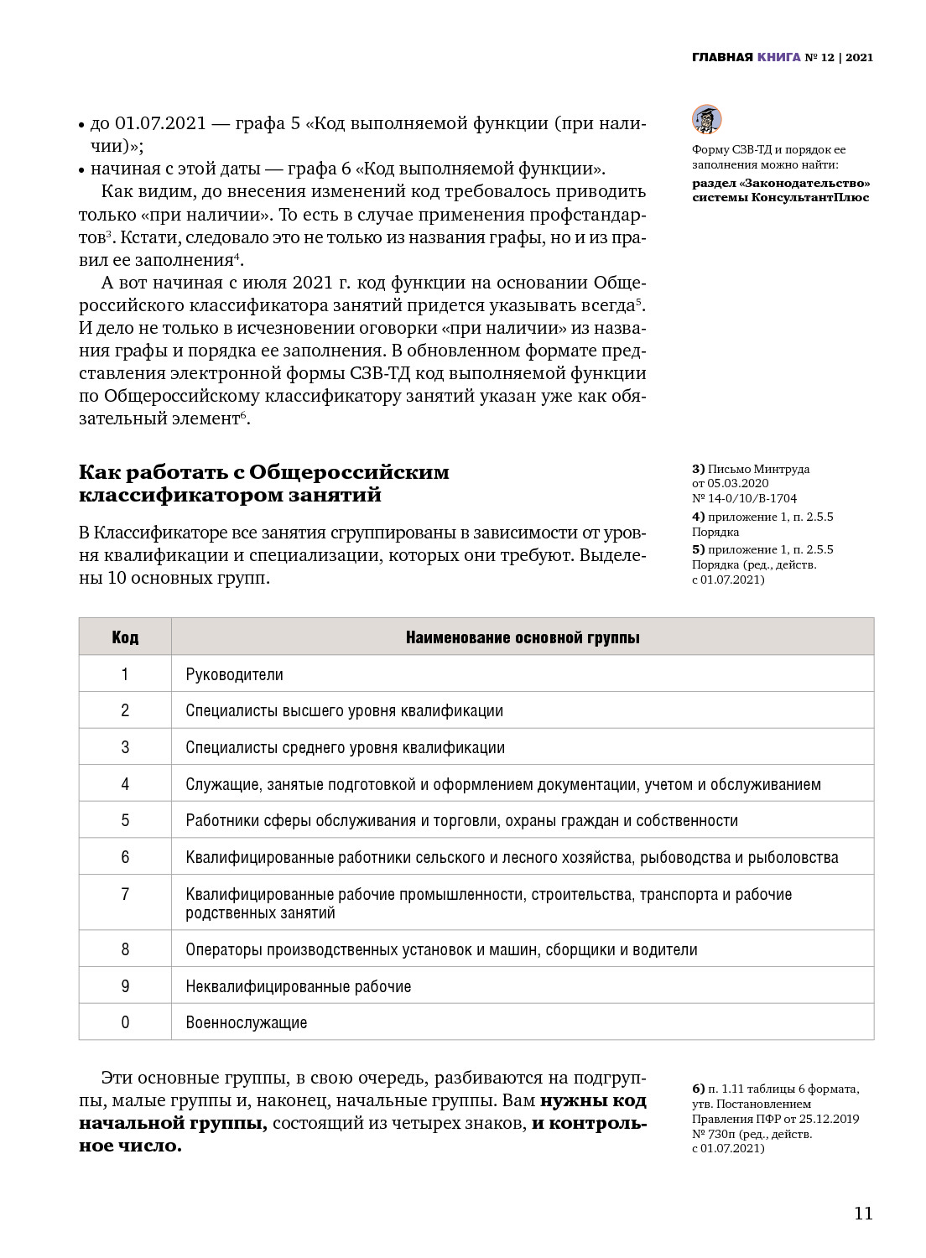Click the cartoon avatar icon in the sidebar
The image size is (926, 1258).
[x=706, y=120]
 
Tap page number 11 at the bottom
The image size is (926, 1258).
[x=863, y=1214]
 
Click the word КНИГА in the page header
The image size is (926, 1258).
[x=778, y=58]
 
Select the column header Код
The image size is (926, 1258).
[x=125, y=637]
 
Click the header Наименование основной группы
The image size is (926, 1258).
[x=523, y=637]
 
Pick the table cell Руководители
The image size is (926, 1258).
[x=234, y=674]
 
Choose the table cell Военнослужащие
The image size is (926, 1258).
[x=246, y=1022]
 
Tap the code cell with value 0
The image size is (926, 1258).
[x=125, y=1022]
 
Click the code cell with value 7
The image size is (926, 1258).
[x=125, y=894]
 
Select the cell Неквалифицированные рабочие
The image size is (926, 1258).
[x=298, y=986]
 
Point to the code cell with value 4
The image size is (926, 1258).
[x=125, y=784]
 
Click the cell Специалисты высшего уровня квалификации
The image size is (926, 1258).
[x=344, y=711]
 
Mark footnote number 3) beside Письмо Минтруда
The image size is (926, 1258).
[x=698, y=470]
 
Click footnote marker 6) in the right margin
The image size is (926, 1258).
[x=698, y=1089]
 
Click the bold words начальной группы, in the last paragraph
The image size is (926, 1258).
[x=173, y=1123]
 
